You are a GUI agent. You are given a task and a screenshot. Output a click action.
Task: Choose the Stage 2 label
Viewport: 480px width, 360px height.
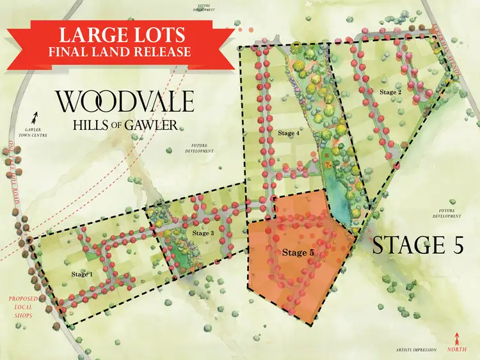click(390, 92)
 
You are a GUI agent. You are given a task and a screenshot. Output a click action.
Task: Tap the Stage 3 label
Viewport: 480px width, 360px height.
click(202, 233)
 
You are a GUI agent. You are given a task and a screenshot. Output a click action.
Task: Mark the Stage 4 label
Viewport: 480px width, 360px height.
click(289, 132)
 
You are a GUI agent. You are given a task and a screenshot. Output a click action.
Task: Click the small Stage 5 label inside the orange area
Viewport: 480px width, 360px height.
click(298, 253)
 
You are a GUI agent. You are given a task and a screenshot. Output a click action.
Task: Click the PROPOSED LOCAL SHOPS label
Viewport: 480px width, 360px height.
click(20, 308)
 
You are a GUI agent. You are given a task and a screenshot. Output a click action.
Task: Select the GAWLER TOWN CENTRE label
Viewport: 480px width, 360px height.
click(37, 133)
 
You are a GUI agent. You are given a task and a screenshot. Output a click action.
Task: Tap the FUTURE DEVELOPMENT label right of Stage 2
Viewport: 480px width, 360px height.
click(446, 214)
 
